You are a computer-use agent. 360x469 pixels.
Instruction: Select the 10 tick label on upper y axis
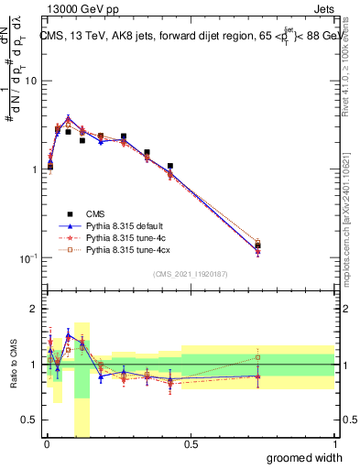29,81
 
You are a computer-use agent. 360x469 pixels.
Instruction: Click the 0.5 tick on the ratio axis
31,420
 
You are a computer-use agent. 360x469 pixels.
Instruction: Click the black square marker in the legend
70,213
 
